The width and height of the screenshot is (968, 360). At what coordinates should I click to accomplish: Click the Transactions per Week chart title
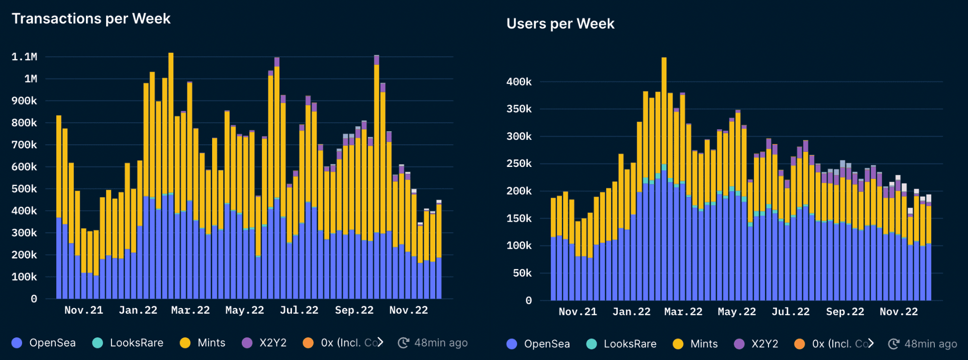[91, 19]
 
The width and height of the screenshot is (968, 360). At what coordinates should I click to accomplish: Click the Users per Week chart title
[560, 24]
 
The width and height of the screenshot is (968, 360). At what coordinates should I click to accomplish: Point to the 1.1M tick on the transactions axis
[24, 57]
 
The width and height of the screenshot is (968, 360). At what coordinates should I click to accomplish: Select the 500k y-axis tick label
[24, 189]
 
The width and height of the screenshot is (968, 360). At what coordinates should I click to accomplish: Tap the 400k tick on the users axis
[519, 82]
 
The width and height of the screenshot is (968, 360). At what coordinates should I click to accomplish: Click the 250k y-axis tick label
[519, 164]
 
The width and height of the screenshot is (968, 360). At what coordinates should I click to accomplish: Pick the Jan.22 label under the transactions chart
[138, 310]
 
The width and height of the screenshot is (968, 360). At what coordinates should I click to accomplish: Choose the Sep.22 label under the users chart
[845, 312]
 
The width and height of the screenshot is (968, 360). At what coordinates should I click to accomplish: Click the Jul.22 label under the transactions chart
[299, 310]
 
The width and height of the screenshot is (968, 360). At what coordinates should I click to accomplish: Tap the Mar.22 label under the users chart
[683, 312]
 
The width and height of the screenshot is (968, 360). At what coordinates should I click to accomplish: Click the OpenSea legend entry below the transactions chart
[44, 343]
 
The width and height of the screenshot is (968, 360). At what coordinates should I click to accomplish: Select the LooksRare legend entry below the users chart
[621, 344]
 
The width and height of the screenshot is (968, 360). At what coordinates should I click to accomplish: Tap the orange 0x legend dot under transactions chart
[308, 343]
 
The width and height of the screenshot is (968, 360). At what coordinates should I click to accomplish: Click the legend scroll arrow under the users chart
[871, 343]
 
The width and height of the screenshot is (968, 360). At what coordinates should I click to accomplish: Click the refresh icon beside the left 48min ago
[403, 343]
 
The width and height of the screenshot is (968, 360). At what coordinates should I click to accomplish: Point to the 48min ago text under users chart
[930, 344]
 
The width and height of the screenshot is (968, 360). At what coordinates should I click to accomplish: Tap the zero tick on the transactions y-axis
[34, 299]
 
